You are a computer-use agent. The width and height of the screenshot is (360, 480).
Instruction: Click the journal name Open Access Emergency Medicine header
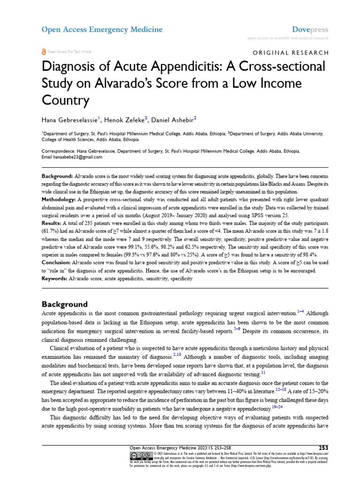point(102,30)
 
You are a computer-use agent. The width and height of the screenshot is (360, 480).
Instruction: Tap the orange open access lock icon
point(44,52)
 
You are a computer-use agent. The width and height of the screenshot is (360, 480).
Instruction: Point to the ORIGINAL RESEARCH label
point(291,53)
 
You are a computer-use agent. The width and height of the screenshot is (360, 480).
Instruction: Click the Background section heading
point(65,304)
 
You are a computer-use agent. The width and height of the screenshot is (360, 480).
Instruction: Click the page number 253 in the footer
point(323,448)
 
